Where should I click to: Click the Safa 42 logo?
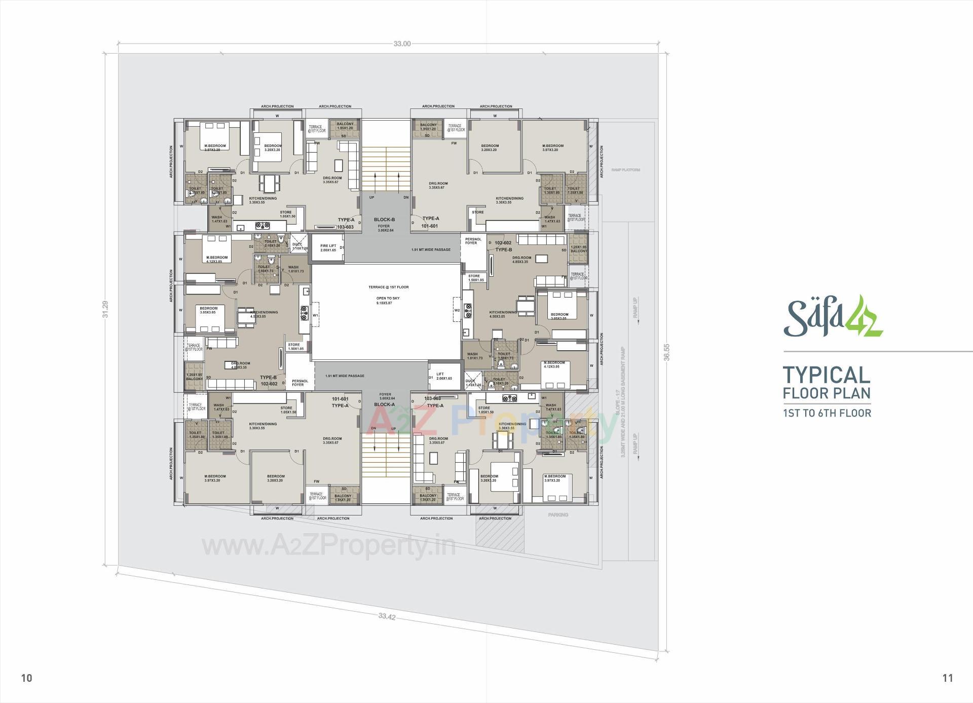click(x=833, y=317)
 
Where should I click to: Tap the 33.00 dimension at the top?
click(x=402, y=44)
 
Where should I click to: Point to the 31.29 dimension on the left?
click(x=105, y=309)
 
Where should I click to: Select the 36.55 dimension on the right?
click(x=667, y=352)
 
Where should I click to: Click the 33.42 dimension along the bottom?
click(x=387, y=616)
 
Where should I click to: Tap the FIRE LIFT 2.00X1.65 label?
click(x=328, y=248)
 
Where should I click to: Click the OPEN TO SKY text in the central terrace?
click(x=388, y=298)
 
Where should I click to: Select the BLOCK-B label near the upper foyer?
click(x=384, y=219)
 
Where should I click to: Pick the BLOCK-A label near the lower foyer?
click(x=384, y=404)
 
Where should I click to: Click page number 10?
click(x=27, y=678)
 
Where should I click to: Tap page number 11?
click(x=948, y=678)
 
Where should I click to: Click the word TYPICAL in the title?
click(x=827, y=376)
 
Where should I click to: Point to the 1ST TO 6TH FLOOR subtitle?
click(x=827, y=413)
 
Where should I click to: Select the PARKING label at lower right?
click(x=558, y=514)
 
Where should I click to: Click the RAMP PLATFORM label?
click(x=625, y=170)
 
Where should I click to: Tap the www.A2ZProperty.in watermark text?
click(x=328, y=546)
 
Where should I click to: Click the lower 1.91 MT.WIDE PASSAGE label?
click(x=345, y=376)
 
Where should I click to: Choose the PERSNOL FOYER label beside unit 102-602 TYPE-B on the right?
click(x=473, y=241)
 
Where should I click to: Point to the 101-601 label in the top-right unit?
click(x=430, y=226)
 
